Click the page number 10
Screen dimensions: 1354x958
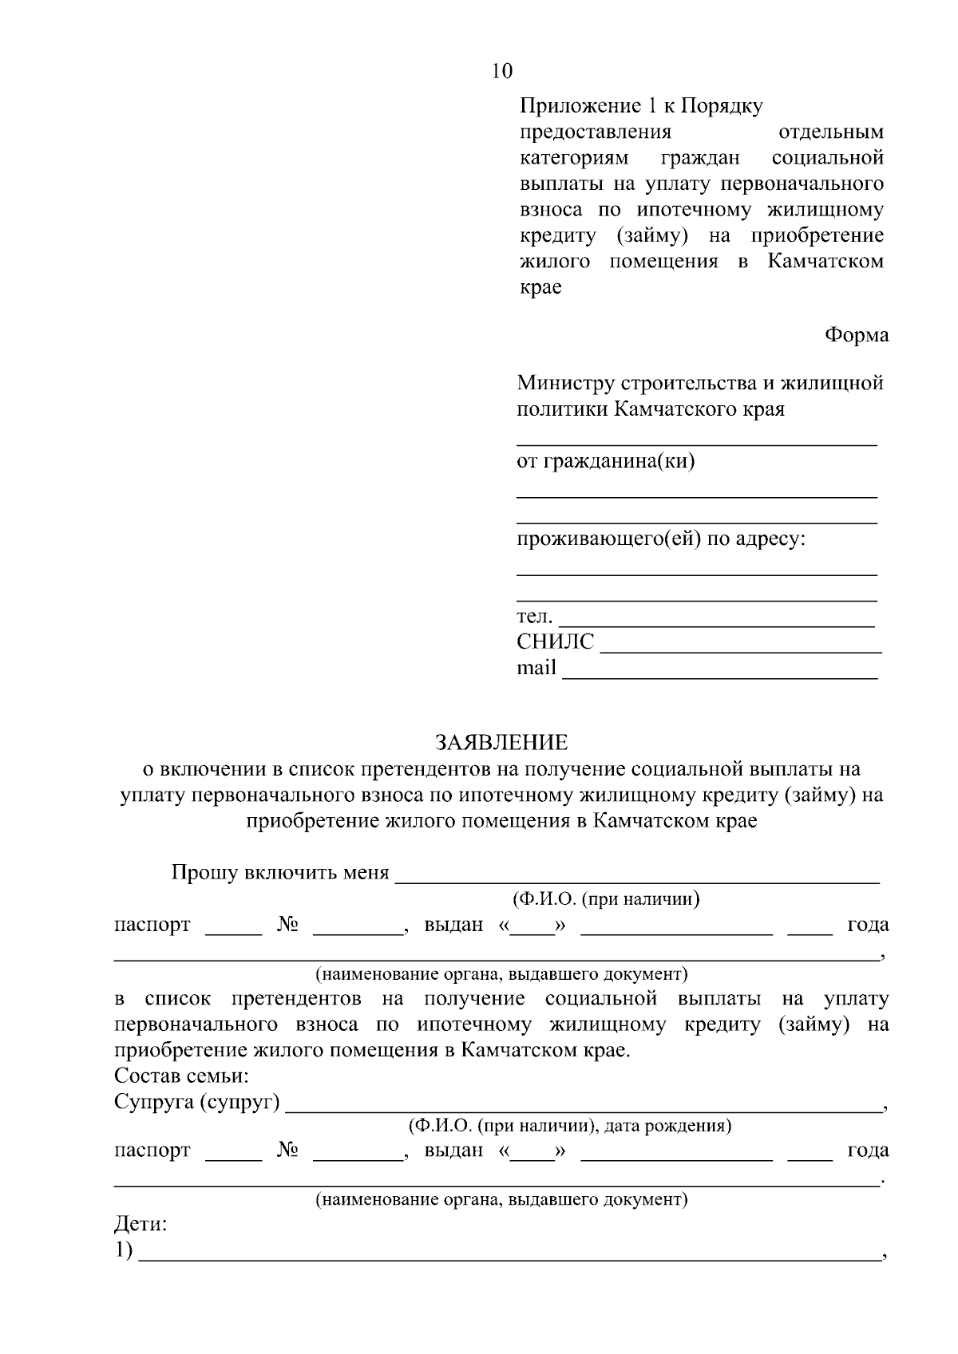(x=502, y=71)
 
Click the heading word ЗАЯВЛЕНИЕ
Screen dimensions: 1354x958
(x=501, y=743)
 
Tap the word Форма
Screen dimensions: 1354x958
(x=856, y=335)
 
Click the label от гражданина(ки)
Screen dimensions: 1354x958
(x=606, y=461)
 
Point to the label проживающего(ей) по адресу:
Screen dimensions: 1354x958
(x=661, y=539)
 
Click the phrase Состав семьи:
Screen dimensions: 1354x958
(x=182, y=1076)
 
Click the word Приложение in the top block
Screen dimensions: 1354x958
(x=576, y=106)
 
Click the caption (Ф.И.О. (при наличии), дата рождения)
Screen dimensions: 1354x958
(x=569, y=1126)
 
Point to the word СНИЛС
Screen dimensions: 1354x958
(x=555, y=642)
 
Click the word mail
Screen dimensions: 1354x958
(x=536, y=668)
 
